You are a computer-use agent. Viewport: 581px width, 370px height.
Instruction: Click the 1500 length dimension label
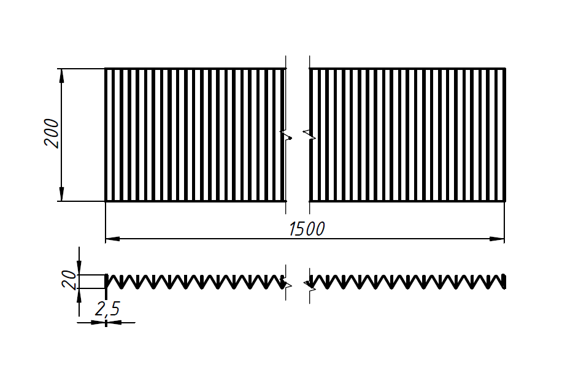coord(307,229)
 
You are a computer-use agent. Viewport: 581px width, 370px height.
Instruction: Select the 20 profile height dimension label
coord(70,281)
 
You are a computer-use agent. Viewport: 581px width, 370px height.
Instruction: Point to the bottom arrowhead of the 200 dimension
coord(61,196)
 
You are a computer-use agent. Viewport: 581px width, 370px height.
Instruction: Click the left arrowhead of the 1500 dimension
coord(112,238)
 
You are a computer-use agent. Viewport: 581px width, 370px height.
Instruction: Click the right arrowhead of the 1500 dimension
coord(498,238)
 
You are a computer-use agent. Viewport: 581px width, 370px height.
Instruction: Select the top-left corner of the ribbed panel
coord(106,69)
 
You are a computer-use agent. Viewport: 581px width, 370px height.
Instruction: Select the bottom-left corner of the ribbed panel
coord(106,201)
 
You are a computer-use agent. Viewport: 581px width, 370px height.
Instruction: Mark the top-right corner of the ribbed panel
coord(505,69)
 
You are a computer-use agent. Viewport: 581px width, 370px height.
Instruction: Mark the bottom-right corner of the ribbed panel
coord(505,201)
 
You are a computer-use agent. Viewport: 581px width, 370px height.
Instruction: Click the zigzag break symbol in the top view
coord(298,135)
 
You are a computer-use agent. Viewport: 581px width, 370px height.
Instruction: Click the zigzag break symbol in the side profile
coord(298,283)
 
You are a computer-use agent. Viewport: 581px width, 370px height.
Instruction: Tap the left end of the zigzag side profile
coord(107,282)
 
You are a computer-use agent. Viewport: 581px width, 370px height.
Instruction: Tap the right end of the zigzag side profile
coord(504,282)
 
